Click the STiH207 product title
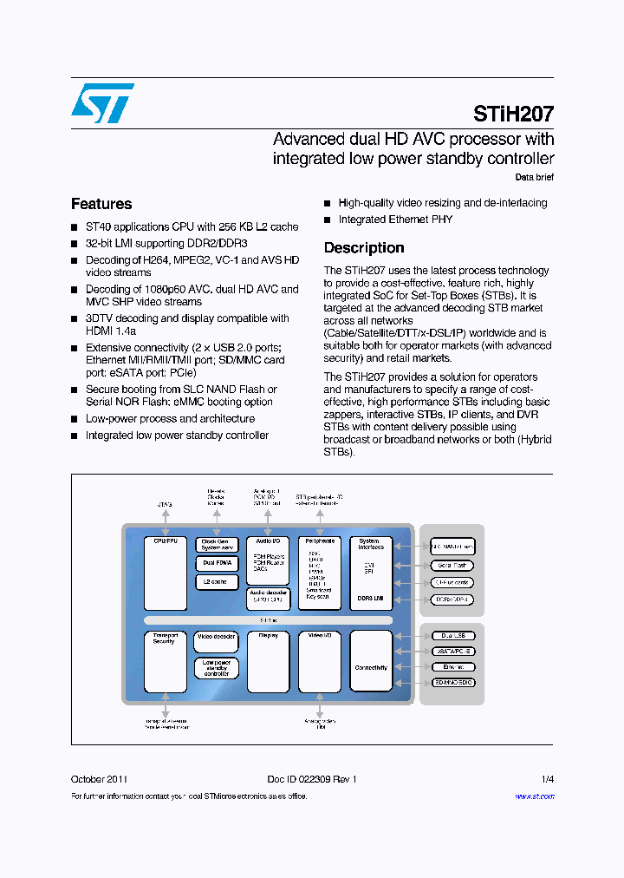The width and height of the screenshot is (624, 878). [513, 113]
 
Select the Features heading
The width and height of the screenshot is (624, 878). [101, 204]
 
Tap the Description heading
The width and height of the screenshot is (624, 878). [364, 248]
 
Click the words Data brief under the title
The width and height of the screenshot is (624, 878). [534, 177]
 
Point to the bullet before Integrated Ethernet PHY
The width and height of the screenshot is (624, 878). [328, 220]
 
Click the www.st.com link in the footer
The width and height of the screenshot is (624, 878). [534, 796]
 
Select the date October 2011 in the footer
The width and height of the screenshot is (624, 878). [100, 779]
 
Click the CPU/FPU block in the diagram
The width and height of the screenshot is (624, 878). [165, 573]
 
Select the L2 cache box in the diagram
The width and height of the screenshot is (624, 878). [216, 582]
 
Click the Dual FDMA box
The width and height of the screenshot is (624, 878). [216, 563]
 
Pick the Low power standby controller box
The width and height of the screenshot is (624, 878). [216, 667]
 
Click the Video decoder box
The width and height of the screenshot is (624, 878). [216, 637]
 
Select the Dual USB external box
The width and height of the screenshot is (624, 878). [452, 635]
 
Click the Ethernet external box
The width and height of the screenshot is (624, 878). [452, 667]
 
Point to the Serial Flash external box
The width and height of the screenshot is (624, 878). [452, 565]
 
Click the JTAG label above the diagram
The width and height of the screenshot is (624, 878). [165, 503]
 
